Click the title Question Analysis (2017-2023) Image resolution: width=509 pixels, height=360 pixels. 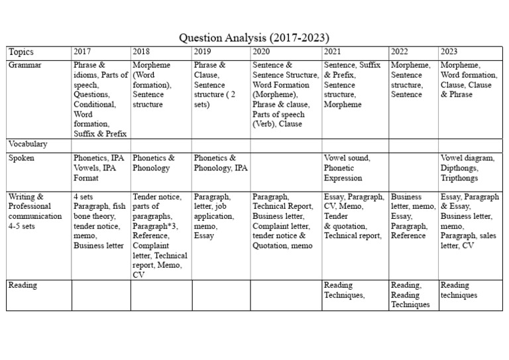tap(254, 37)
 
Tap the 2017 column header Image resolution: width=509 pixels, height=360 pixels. tap(83, 52)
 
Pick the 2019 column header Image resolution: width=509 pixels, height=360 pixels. tap(203, 52)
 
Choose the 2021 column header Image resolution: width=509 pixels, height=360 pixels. tap(333, 52)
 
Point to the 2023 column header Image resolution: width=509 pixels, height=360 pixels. tap(450, 52)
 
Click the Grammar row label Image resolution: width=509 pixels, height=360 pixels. tap(26, 65)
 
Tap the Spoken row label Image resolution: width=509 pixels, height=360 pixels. tap(22, 158)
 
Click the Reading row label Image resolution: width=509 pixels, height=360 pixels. tap(23, 285)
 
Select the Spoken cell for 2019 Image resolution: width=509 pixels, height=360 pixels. tap(221, 163)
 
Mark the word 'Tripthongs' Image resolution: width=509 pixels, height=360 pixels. tap(459, 178)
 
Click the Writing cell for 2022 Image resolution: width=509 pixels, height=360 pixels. tap(413, 216)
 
